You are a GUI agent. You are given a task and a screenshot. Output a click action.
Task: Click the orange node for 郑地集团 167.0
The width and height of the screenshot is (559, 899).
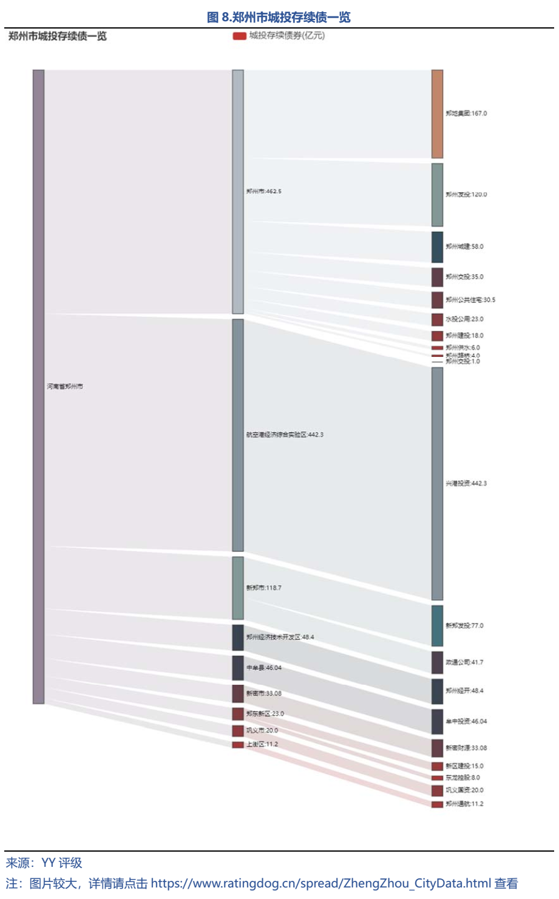point(437,114)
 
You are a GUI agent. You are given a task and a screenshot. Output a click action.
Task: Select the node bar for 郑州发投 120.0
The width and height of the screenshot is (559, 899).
point(437,195)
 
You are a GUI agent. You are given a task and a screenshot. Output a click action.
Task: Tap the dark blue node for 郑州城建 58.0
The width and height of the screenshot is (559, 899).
point(437,246)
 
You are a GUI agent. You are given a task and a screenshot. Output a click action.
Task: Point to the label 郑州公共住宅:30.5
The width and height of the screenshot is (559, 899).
point(470,300)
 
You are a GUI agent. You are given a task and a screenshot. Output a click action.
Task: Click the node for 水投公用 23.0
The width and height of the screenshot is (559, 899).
point(437,319)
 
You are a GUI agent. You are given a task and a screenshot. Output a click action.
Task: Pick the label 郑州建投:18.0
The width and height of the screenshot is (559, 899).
point(464,336)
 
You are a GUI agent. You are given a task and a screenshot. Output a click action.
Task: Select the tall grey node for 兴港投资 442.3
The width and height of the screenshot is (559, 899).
point(437,483)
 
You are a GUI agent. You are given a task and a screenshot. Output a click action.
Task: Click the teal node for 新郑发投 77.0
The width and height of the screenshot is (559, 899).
point(437,625)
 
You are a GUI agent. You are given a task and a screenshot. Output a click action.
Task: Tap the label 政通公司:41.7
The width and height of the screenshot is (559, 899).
point(464,662)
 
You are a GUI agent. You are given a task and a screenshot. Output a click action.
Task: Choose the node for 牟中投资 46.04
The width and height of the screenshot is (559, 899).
point(437,721)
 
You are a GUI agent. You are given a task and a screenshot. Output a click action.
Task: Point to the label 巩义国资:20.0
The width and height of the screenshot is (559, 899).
point(464,790)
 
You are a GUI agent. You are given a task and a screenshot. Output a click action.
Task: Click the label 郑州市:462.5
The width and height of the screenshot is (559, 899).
point(264,191)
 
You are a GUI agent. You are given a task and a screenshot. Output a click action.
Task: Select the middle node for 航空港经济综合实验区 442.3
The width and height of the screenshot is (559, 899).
point(238,435)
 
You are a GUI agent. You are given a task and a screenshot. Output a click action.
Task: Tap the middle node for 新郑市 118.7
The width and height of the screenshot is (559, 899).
point(238,588)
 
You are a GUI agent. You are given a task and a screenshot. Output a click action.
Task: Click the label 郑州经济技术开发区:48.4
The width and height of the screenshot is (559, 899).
point(280,637)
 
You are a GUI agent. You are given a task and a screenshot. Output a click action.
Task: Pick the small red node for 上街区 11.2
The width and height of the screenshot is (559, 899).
point(238,745)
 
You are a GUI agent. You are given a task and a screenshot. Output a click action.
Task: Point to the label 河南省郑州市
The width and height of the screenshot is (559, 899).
point(65,387)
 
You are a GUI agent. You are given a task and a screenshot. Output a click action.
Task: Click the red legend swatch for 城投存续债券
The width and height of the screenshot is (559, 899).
point(239,36)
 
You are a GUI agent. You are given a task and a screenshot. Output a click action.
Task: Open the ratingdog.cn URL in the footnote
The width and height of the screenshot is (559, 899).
point(320,883)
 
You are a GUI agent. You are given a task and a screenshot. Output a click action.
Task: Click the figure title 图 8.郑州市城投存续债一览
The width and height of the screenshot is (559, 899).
point(279,17)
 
